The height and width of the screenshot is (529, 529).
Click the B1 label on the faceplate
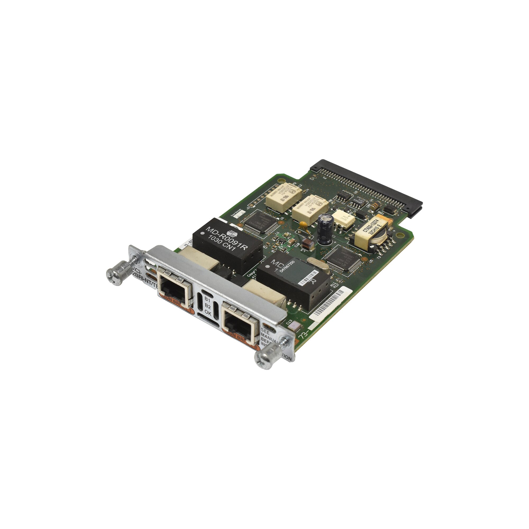click(x=207, y=300)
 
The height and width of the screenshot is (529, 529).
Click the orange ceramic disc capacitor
click(x=302, y=225)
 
